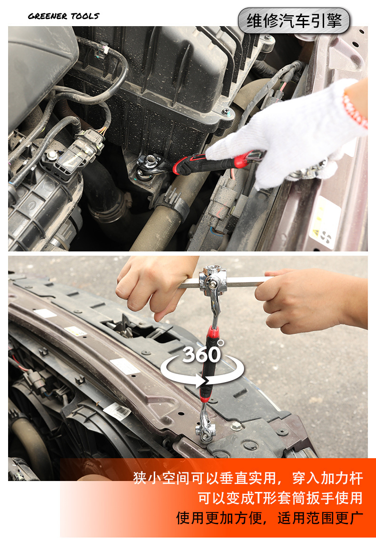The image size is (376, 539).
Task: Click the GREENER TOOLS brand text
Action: tap(63, 16)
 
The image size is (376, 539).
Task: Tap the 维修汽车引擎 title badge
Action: tap(294, 20)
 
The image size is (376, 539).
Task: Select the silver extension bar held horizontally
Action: tap(225, 282)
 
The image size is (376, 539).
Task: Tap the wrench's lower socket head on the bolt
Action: tap(206, 430)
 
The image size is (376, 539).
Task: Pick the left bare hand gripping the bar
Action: tap(155, 284)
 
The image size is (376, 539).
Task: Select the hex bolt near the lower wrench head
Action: tap(236, 427)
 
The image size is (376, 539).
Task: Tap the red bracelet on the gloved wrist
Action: tap(355, 110)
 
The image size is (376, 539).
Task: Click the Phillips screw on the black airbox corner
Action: tap(226, 111)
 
